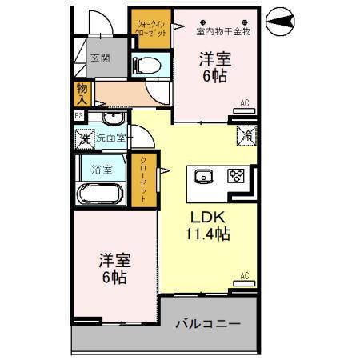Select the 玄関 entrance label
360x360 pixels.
point(100,58)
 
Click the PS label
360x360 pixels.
point(78,116)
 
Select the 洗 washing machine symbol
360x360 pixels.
point(85,138)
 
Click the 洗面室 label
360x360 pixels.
point(112,138)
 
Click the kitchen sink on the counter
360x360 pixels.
point(201,176)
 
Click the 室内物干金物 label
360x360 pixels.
point(224,32)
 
